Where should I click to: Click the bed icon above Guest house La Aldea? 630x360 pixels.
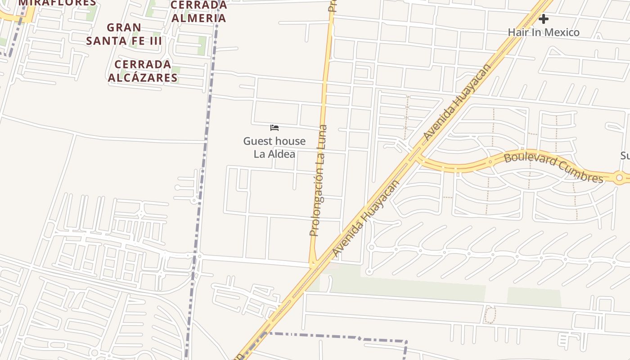point(274,128)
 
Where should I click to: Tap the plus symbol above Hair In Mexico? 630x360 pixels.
point(544,19)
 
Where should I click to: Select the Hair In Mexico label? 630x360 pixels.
point(544,32)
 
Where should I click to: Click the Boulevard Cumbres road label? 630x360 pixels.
point(553,167)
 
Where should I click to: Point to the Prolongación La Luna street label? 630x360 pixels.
point(318,180)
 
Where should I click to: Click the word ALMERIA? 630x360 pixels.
point(199,18)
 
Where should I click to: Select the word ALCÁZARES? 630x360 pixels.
point(143,78)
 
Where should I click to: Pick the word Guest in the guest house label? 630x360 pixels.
point(257,141)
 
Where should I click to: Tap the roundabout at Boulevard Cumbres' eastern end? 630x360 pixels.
point(619,178)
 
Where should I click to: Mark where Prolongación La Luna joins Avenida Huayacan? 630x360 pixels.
point(314,265)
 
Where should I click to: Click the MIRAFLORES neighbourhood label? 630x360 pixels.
point(57,3)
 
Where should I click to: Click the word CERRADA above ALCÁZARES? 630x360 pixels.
point(143,64)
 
